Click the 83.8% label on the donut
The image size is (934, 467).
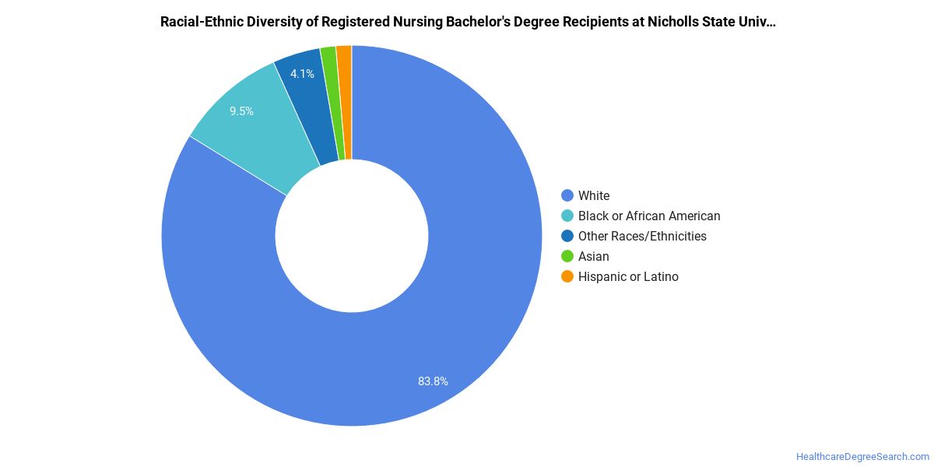(433, 381)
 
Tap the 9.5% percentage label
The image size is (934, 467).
(241, 111)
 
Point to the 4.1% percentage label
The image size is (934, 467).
(302, 74)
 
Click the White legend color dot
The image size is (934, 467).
(567, 195)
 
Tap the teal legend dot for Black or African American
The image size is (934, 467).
(567, 216)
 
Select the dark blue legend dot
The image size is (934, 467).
(567, 236)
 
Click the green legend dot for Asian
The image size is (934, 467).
(567, 256)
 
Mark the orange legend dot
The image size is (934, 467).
(567, 276)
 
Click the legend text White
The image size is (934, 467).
(594, 195)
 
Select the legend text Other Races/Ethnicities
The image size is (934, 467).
(642, 236)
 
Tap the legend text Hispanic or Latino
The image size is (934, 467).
(628, 276)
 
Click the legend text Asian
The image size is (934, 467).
(593, 256)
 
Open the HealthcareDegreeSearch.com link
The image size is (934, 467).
(862, 457)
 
